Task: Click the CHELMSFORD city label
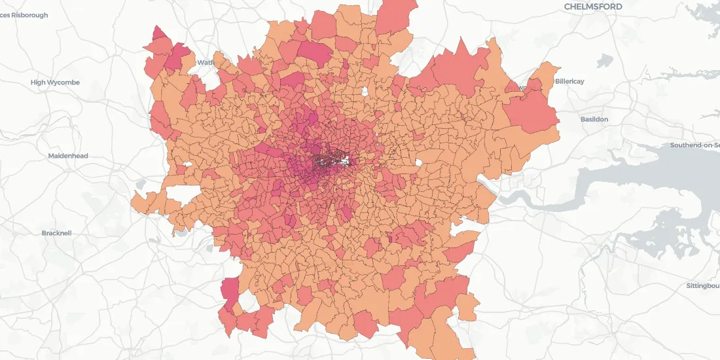pos(593,7)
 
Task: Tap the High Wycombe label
pos(55,82)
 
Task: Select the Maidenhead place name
pos(68,156)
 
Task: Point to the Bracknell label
pos(56,233)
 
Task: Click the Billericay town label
pos(569,81)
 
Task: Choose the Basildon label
pos(594,119)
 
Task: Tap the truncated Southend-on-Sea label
pos(694,145)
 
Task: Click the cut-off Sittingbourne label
pos(703,286)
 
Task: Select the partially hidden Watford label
pos(206,63)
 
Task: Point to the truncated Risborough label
pos(24,15)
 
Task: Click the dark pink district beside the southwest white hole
pos(230,291)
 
